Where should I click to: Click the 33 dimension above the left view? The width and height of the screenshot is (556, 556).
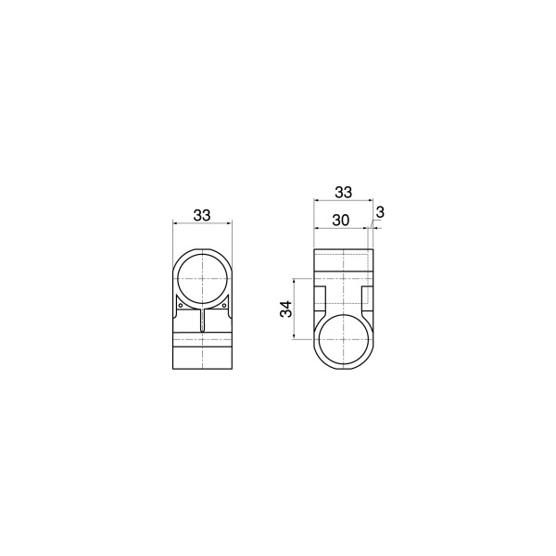[x=202, y=215]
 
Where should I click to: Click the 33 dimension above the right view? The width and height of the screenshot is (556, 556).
[x=344, y=192]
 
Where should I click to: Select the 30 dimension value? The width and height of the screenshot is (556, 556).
[x=341, y=221]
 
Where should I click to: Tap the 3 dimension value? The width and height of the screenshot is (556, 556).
[x=380, y=213]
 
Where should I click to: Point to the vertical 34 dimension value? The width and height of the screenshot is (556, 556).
[x=286, y=309]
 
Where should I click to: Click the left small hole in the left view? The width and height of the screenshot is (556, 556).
[x=180, y=305]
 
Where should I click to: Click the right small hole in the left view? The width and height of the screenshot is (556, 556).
[x=224, y=305]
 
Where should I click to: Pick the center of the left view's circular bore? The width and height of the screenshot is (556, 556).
[x=202, y=279]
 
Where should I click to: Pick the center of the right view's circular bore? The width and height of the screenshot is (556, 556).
[x=344, y=339]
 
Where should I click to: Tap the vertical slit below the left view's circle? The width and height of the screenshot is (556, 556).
[x=202, y=320]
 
